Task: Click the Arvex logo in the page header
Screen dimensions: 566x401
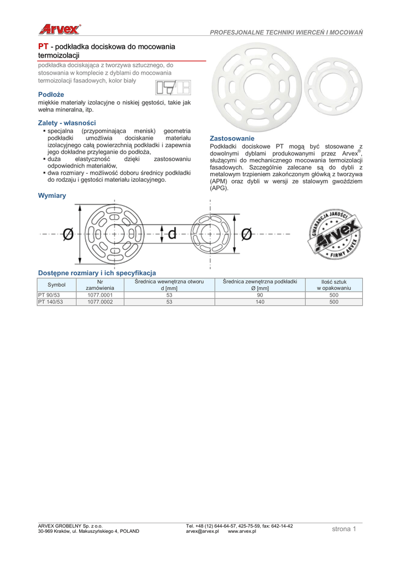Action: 59,29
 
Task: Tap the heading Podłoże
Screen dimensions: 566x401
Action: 51,95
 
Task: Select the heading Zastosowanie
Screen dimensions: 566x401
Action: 232,138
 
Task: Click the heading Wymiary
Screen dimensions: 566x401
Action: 52,196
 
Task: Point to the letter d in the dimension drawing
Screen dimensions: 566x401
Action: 171,234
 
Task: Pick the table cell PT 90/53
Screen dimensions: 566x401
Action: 49,295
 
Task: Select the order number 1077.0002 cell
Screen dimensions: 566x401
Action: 100,302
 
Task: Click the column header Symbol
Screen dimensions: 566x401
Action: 56,285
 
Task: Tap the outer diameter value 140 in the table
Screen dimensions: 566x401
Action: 260,302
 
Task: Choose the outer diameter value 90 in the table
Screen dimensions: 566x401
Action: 260,295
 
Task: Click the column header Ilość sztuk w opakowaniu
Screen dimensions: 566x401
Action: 334,285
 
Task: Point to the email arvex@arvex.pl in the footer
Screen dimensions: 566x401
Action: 202,531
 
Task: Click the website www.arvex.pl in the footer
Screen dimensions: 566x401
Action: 242,531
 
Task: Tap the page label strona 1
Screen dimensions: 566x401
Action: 344,529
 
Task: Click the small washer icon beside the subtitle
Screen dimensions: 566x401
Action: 173,88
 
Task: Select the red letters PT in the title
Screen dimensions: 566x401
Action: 43,46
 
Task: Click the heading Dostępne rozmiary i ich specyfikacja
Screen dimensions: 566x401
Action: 97,272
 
